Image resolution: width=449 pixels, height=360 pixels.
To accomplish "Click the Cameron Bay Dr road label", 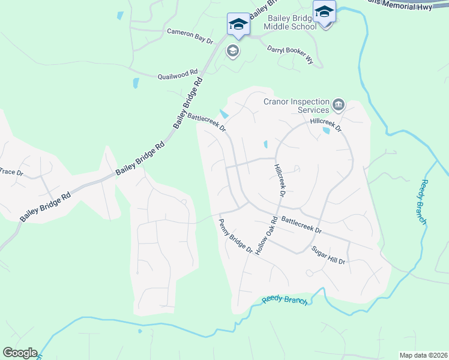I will pos(190,36).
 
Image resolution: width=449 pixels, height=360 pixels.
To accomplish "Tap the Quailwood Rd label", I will pos(178,75).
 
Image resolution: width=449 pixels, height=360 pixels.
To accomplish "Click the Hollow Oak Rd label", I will pos(267,236).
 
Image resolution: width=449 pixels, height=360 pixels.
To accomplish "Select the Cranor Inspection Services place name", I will pos(297,106).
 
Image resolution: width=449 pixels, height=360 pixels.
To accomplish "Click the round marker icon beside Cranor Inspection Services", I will pos(339,106).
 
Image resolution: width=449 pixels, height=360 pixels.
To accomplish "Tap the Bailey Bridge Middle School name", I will pos(293,22).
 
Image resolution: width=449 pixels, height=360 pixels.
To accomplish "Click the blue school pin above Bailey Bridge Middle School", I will pos(325,12).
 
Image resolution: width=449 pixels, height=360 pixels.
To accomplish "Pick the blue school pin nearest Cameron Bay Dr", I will pos(238,26).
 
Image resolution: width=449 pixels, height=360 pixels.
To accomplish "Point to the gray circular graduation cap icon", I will pos(232,52).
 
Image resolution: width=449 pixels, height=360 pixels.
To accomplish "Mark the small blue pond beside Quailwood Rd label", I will pos(136,83).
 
